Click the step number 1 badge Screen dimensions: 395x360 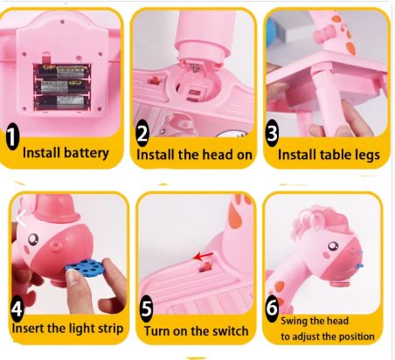click(12, 136)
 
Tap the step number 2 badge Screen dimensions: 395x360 click(143, 133)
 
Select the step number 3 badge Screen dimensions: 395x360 click(272, 133)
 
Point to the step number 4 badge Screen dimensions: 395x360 click(17, 308)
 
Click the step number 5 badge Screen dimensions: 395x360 click(146, 308)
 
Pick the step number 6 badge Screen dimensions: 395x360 click(272, 308)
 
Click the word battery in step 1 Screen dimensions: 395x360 click(87, 153)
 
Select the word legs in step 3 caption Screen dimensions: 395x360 click(367, 156)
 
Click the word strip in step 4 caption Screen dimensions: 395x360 click(110, 329)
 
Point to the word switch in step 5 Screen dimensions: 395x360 click(231, 331)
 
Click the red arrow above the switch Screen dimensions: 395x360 click(203, 257)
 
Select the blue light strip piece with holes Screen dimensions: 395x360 click(84, 267)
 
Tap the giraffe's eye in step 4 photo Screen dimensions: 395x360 click(32, 239)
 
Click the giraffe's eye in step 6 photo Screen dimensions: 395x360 click(333, 246)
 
